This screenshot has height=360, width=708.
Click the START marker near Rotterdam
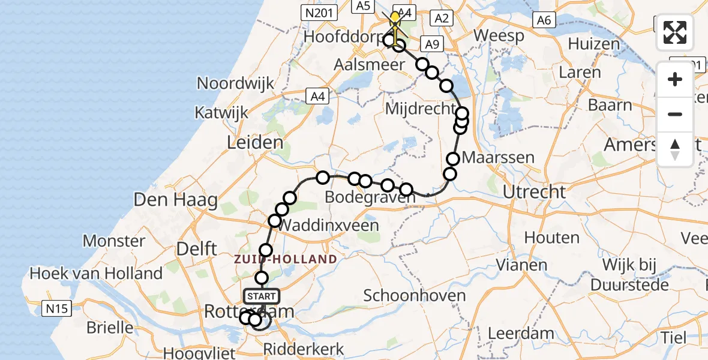pyautogui.click(x=262, y=296)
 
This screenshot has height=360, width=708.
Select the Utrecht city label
pyautogui.click(x=534, y=192)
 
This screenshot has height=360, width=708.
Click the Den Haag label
pyautogui.click(x=176, y=200)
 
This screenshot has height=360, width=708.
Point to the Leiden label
pyautogui.click(x=256, y=143)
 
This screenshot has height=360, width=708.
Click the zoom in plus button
pyautogui.click(x=675, y=79)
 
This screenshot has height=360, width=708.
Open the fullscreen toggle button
pyautogui.click(x=675, y=32)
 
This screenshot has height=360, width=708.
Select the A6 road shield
pyautogui.click(x=544, y=20)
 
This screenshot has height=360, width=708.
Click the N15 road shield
pyautogui.click(x=58, y=309)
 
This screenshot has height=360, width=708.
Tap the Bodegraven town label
pyautogui.click(x=362, y=197)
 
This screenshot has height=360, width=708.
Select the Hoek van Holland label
pyautogui.click(x=96, y=274)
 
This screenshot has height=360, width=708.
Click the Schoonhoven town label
pyautogui.click(x=415, y=295)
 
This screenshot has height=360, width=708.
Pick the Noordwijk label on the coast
pyautogui.click(x=235, y=83)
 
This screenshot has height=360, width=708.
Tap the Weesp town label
pyautogui.click(x=499, y=35)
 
